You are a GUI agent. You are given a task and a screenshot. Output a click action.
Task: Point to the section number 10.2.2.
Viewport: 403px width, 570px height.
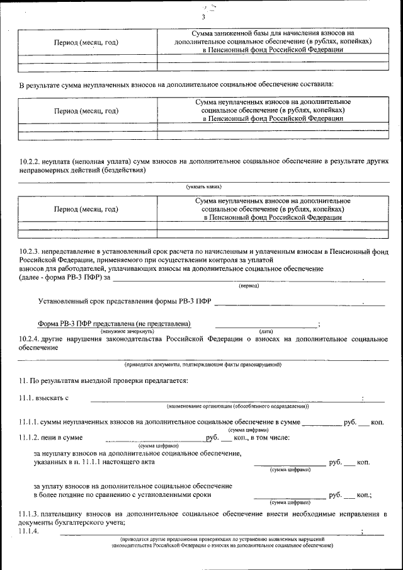[30, 162]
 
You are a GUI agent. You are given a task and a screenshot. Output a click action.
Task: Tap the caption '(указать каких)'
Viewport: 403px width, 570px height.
[203, 186]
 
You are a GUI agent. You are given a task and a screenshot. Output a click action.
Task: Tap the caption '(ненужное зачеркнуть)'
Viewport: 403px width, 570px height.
[127, 331]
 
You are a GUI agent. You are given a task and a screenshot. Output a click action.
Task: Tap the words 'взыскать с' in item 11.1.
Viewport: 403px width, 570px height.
[53, 398]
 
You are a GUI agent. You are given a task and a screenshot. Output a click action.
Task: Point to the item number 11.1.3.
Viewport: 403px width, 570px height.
[30, 515]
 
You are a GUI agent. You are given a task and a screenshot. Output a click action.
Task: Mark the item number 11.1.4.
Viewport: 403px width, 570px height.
[30, 531]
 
